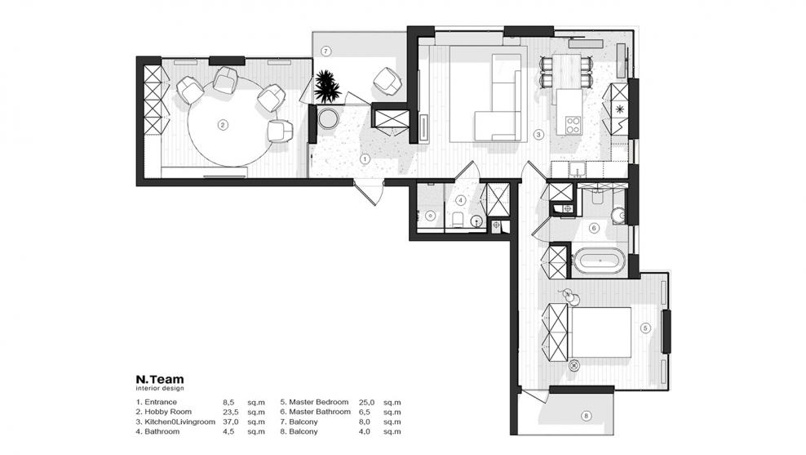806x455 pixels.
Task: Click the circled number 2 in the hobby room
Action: [x=223, y=124]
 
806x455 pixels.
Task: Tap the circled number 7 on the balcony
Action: [x=325, y=51]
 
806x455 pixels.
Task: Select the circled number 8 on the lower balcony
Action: [x=587, y=415]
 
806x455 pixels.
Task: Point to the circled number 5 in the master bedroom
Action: [x=645, y=328]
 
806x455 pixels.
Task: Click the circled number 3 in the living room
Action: [x=538, y=135]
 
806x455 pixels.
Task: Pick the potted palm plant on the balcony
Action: [x=327, y=86]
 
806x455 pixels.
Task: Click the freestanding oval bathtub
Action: [x=600, y=261]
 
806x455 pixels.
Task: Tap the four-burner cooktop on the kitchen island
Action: [x=573, y=124]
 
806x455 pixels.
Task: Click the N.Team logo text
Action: [x=160, y=380]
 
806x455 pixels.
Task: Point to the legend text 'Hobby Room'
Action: [x=168, y=412]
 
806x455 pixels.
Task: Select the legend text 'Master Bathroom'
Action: [x=320, y=412]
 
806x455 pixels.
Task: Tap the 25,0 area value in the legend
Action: [x=367, y=402]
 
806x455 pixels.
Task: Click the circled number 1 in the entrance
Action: [x=365, y=159]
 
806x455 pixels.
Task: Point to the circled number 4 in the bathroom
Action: [x=461, y=199]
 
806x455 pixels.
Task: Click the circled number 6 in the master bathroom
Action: [x=594, y=228]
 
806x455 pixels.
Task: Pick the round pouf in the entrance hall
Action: [x=327, y=118]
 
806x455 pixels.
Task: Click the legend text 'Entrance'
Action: [x=161, y=402]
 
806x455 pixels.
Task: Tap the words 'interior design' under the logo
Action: [x=160, y=389]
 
